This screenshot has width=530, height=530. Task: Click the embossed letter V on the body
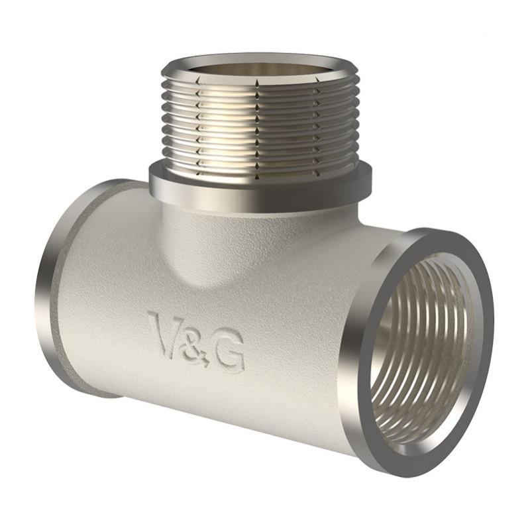pyautogui.click(x=166, y=335)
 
